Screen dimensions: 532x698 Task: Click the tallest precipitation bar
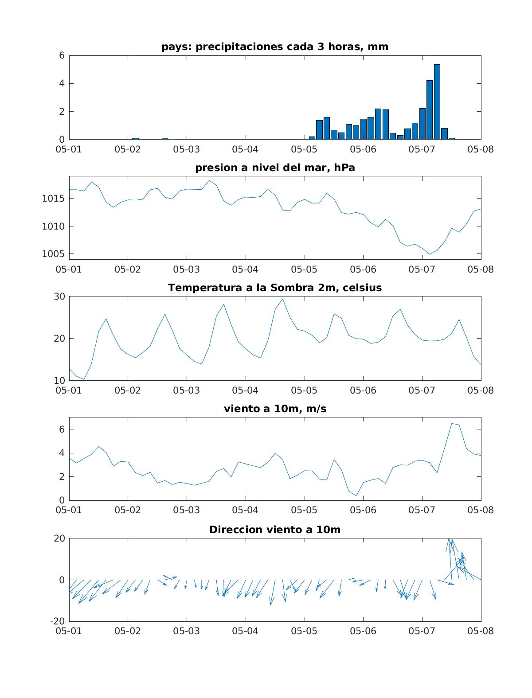tap(437, 102)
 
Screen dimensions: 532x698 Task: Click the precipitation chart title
tap(275, 47)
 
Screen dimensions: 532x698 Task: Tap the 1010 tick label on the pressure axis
tap(53, 226)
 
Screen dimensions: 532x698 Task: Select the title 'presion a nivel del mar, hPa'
tap(275, 168)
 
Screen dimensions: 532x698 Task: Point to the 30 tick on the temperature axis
tap(59, 296)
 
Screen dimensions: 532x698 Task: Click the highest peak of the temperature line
tap(282, 299)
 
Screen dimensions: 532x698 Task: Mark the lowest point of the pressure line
tap(430, 254)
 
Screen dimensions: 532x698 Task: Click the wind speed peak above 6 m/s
tap(452, 424)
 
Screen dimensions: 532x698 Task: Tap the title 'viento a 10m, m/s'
tap(275, 409)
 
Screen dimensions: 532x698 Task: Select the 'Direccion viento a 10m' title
tap(275, 530)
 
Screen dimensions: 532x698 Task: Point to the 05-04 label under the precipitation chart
tap(245, 149)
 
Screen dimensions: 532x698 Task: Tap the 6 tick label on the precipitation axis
tap(62, 55)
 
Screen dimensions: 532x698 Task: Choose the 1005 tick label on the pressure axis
tap(53, 254)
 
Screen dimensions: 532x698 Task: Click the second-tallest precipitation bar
tap(429, 110)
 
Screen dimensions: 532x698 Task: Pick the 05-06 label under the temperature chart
tap(363, 390)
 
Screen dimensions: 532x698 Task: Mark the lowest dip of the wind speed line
tap(356, 496)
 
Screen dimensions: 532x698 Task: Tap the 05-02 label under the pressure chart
tap(128, 269)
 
